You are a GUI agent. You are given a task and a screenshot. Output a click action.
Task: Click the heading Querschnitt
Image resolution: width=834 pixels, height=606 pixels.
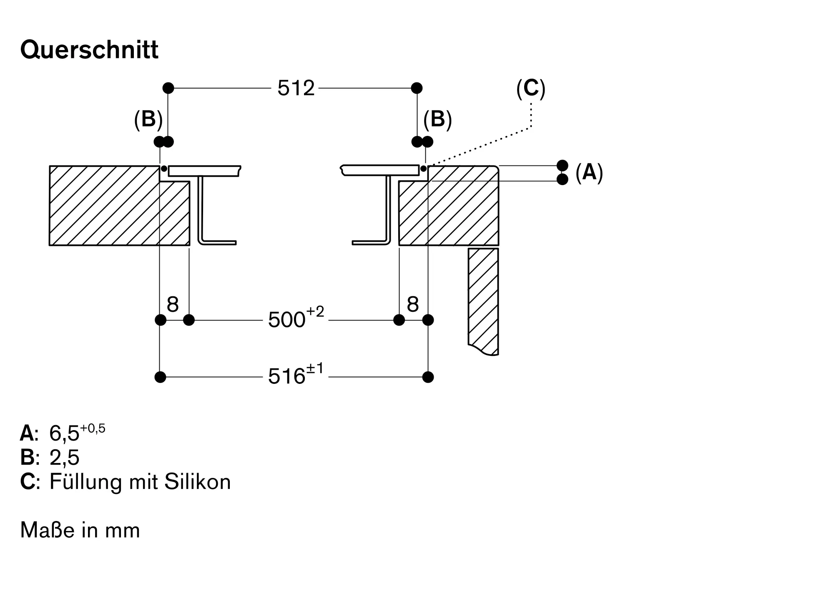click(89, 50)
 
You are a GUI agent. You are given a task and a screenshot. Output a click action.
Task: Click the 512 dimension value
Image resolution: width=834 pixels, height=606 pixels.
click(296, 88)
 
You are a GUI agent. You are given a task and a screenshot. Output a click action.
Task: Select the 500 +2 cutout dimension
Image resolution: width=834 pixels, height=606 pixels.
click(296, 320)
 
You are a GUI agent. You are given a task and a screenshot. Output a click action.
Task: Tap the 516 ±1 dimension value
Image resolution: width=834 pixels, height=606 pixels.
click(296, 376)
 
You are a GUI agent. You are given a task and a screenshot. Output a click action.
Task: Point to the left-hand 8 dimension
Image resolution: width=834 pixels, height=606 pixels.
click(173, 304)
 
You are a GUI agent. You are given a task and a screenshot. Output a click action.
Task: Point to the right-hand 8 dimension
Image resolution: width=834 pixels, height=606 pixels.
click(412, 304)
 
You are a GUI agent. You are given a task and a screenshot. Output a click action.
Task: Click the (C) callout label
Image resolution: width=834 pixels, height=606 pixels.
click(530, 89)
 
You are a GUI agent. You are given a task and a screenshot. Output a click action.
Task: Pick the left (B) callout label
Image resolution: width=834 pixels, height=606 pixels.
click(148, 119)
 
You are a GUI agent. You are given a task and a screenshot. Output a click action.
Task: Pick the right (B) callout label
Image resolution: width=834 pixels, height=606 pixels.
click(437, 119)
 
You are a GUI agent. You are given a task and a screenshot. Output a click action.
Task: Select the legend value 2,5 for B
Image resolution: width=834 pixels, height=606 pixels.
click(64, 458)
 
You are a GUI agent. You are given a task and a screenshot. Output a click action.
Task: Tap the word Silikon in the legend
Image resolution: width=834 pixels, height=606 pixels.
click(198, 482)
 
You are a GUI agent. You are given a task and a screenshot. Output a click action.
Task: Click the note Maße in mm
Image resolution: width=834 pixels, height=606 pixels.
click(80, 530)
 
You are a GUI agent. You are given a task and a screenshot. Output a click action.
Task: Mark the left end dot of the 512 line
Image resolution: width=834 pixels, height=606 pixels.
click(168, 88)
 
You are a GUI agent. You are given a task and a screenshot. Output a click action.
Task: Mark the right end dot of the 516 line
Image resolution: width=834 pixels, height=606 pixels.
click(428, 377)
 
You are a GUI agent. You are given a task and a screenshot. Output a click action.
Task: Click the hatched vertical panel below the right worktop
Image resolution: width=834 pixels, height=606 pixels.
click(483, 300)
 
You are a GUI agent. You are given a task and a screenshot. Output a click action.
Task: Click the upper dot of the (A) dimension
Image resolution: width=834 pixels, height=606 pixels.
click(562, 165)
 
